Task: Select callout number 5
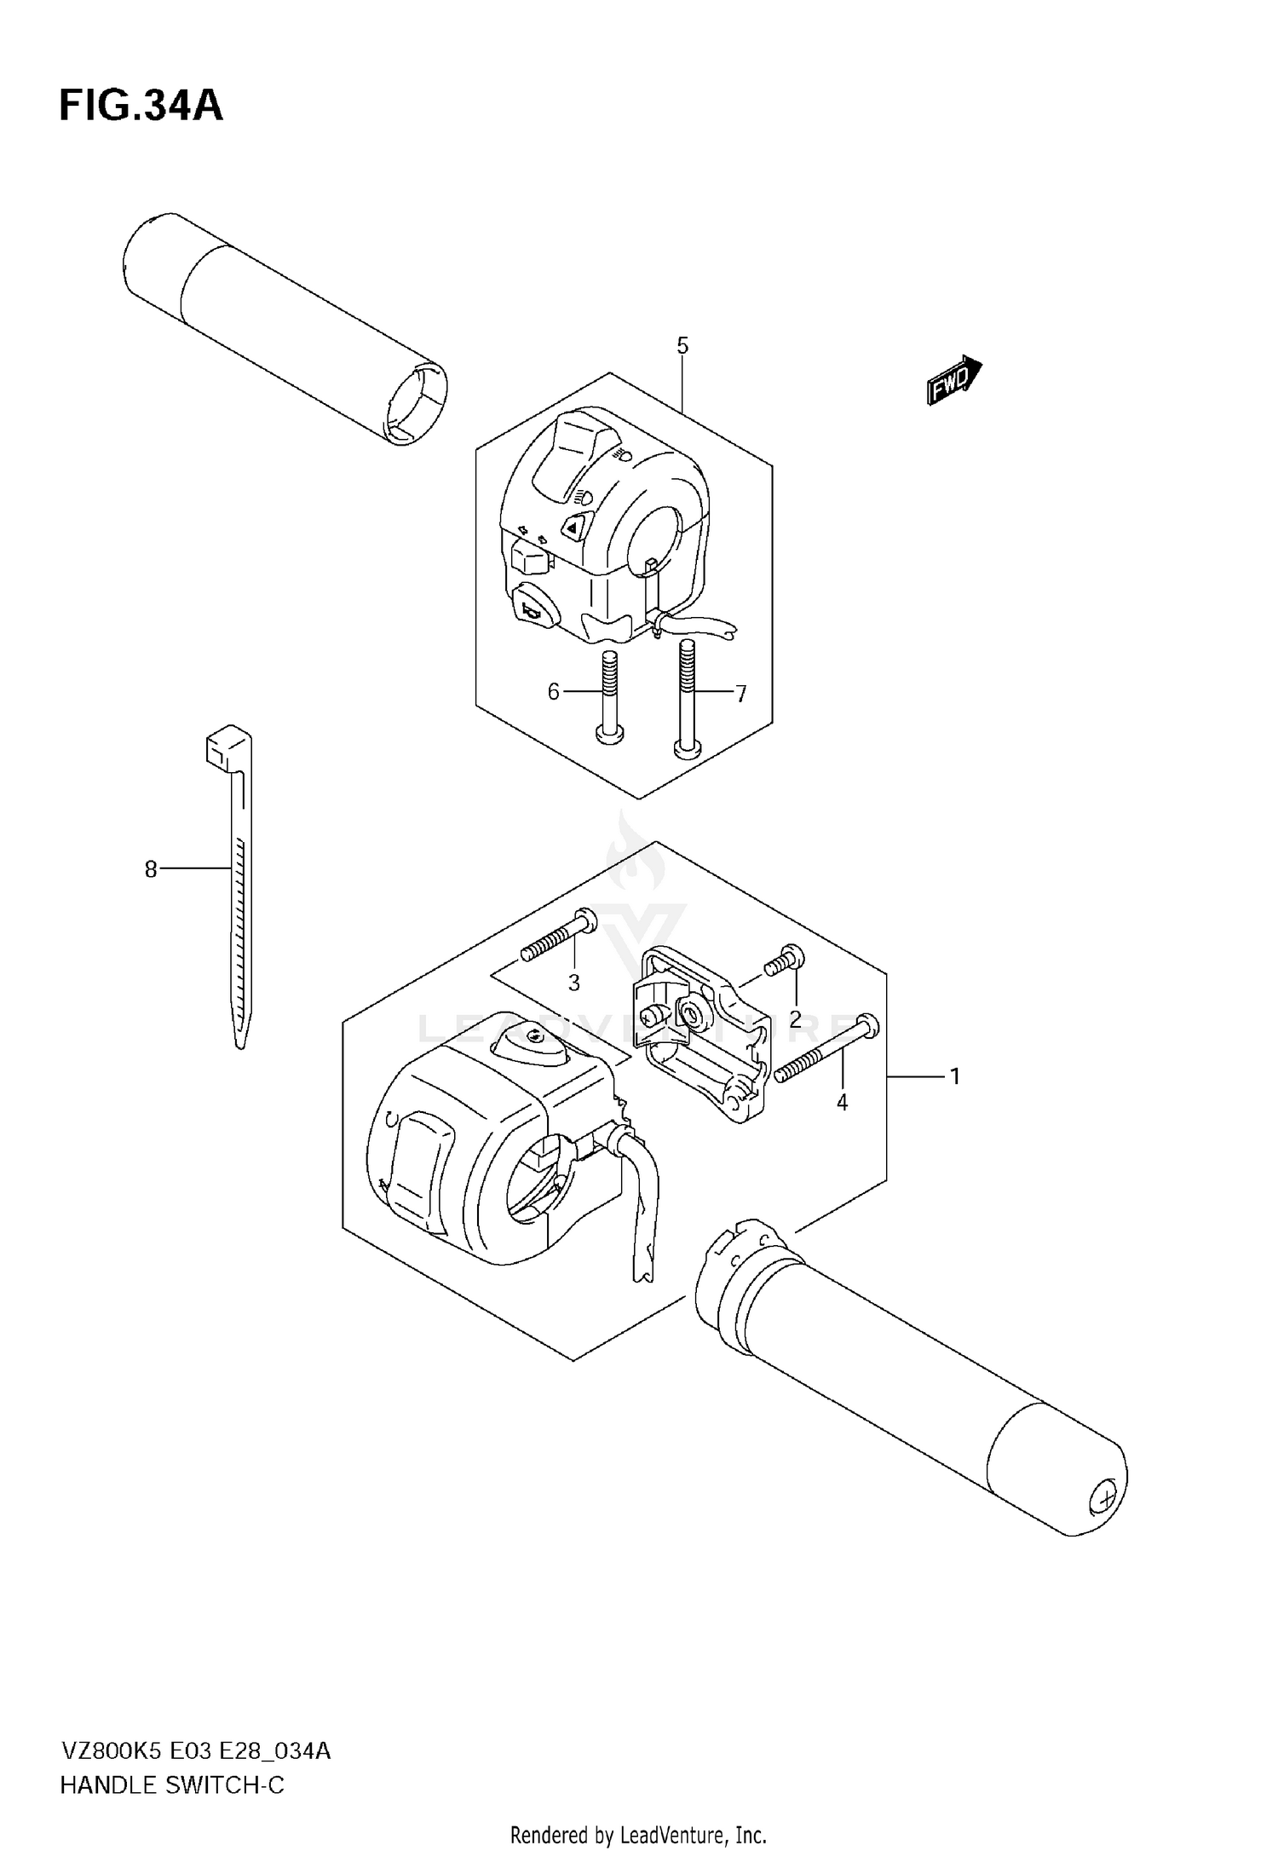tap(682, 345)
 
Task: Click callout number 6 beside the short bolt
tap(554, 692)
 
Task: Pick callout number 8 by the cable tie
tap(151, 869)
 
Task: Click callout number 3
tap(573, 983)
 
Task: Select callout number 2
tap(795, 1018)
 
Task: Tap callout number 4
tap(842, 1102)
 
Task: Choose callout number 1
tap(955, 1076)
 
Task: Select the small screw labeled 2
tap(784, 961)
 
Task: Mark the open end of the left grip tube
tap(415, 405)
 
